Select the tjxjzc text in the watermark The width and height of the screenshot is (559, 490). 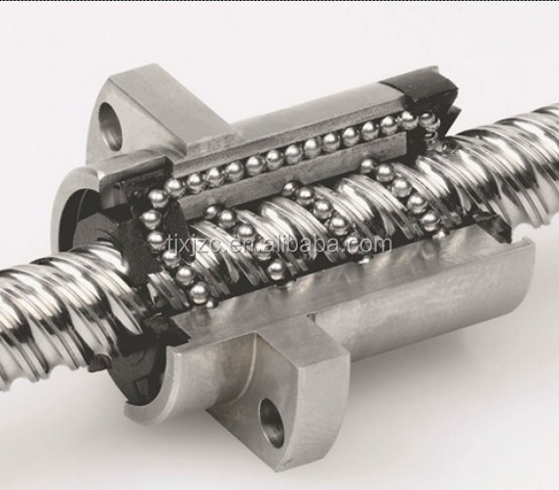pyautogui.click(x=196, y=245)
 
